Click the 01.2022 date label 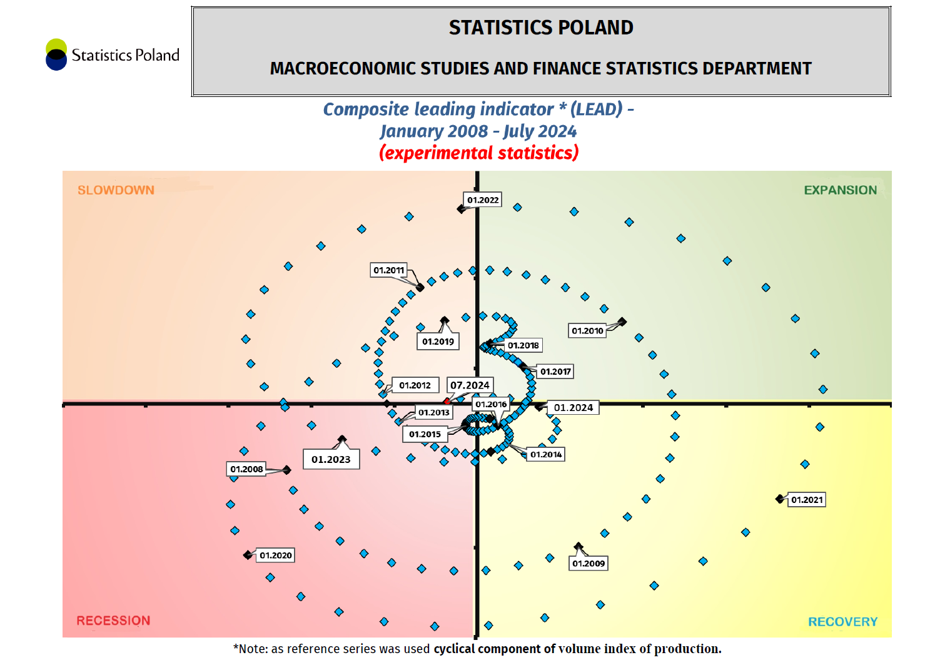click(483, 200)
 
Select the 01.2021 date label click(807, 500)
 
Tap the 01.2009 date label click(589, 564)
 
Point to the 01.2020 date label click(276, 556)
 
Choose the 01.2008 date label click(246, 469)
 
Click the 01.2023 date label click(331, 459)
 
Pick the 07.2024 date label click(470, 385)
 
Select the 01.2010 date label click(587, 331)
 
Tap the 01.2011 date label click(388, 270)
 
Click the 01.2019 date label click(438, 342)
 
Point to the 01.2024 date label click(574, 408)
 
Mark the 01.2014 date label click(546, 455)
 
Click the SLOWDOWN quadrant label click(116, 190)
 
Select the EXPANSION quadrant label click(840, 190)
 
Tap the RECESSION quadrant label click(113, 621)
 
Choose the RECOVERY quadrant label click(842, 622)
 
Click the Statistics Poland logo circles click(56, 54)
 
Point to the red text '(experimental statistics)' click(479, 153)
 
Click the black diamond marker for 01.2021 click(779, 499)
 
